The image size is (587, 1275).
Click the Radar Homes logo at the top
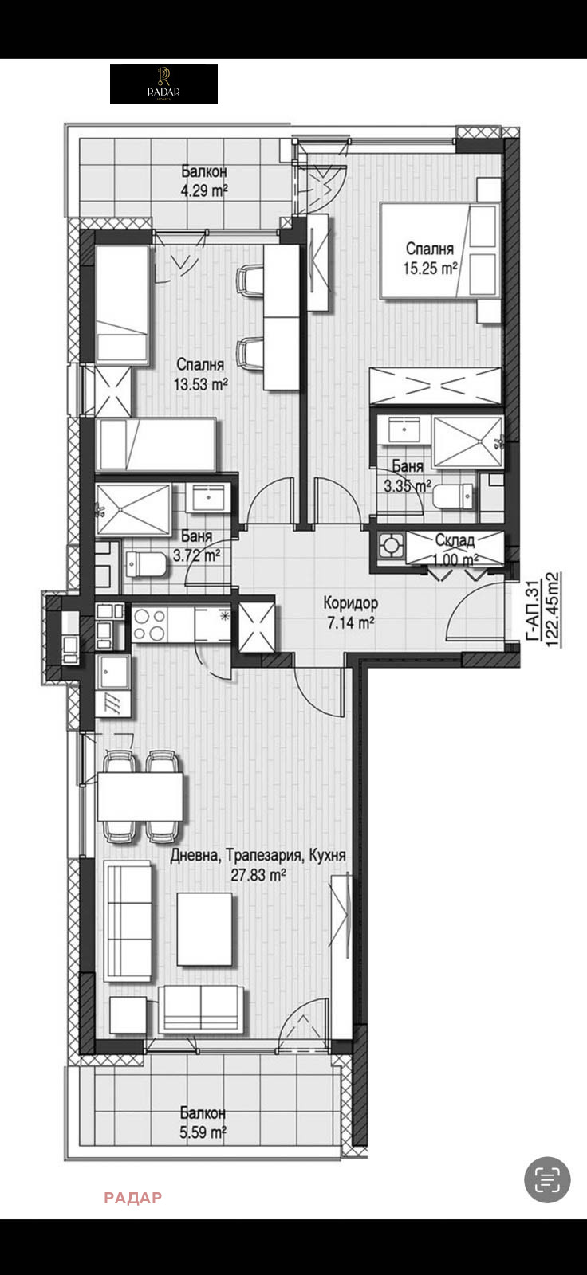(163, 84)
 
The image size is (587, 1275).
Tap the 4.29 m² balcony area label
(204, 190)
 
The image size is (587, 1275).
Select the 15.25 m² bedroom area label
(430, 268)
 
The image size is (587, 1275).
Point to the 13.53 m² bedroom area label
(201, 384)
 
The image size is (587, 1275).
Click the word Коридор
(350, 602)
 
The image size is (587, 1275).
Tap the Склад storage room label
(455, 539)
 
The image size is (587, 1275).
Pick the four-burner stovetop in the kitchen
(150, 625)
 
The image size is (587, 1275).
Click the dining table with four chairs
(140, 796)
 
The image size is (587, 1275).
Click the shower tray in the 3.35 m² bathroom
(468, 441)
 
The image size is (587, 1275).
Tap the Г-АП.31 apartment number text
(531, 610)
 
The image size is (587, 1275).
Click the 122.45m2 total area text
(552, 609)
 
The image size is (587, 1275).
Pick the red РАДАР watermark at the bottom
(132, 1198)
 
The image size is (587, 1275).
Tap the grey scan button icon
(547, 1179)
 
